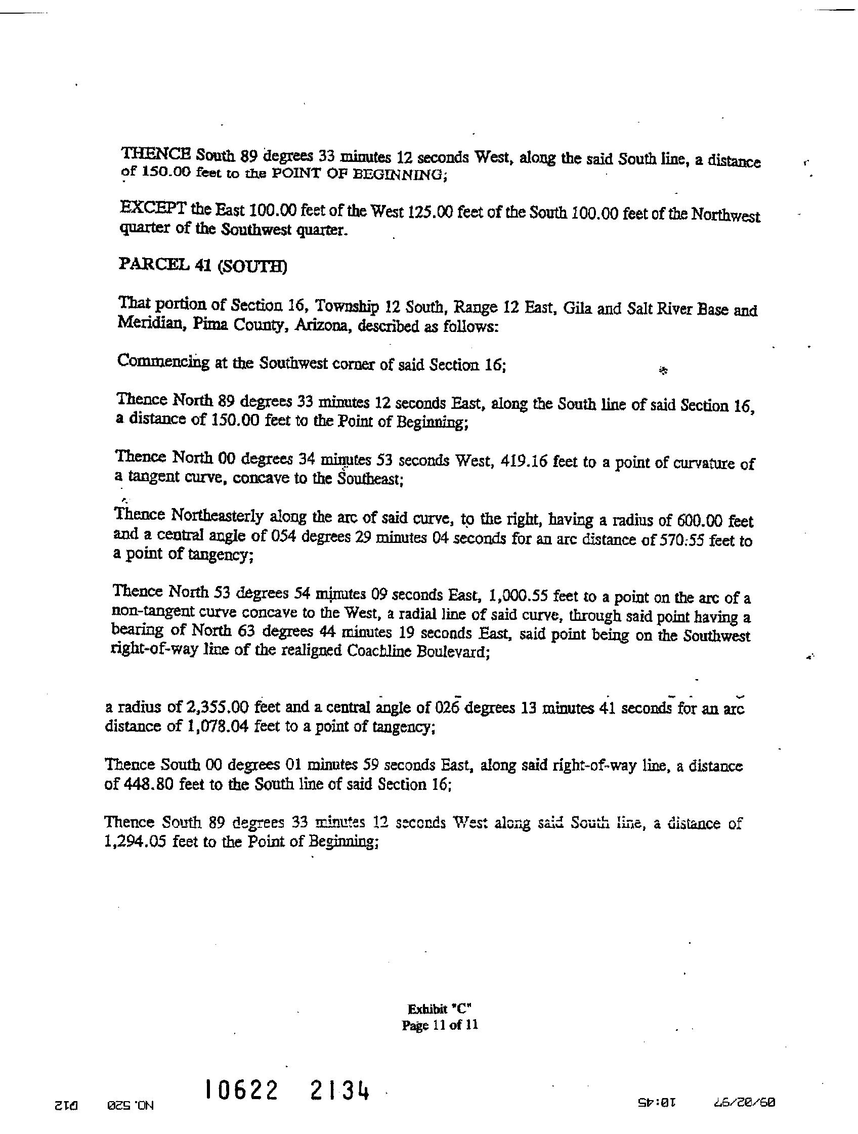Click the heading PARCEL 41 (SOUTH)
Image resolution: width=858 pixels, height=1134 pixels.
coord(202,266)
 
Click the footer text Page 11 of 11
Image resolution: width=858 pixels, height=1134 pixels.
coord(439,1025)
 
